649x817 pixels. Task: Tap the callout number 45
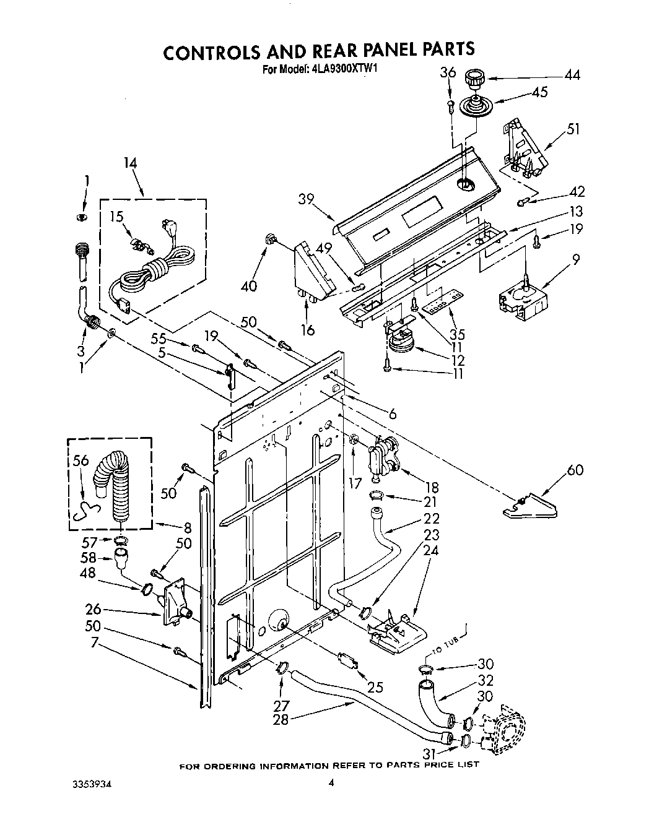[540, 93]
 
